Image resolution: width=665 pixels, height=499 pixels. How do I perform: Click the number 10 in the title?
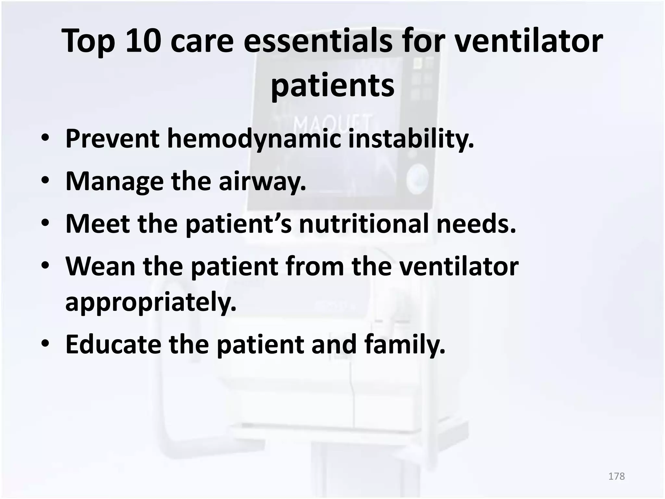(x=143, y=41)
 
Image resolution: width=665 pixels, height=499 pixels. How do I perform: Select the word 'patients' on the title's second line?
(x=332, y=85)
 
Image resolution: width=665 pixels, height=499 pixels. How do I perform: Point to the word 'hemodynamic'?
(x=254, y=139)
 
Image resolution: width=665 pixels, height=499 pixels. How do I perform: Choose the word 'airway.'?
(x=262, y=181)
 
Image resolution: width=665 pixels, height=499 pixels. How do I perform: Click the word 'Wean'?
(x=100, y=266)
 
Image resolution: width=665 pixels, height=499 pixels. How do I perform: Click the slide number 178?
(x=616, y=476)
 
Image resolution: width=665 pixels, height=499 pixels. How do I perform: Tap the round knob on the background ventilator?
(x=418, y=177)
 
